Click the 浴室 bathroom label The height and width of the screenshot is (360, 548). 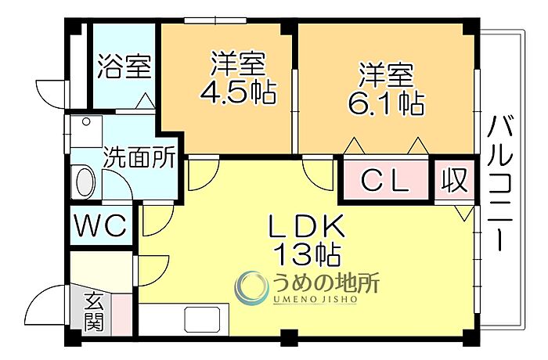click(124, 67)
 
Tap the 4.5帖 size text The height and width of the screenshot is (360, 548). click(238, 92)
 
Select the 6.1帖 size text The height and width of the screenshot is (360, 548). click(387, 103)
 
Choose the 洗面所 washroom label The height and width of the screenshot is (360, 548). click(140, 157)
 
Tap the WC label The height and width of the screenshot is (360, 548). click(101, 225)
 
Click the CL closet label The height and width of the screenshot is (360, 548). click(384, 181)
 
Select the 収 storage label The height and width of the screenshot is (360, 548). click(454, 180)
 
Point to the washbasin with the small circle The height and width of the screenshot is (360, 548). click(86, 131)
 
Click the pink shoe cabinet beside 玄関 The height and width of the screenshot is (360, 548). click(122, 315)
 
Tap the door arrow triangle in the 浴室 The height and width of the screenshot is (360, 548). click(146, 101)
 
